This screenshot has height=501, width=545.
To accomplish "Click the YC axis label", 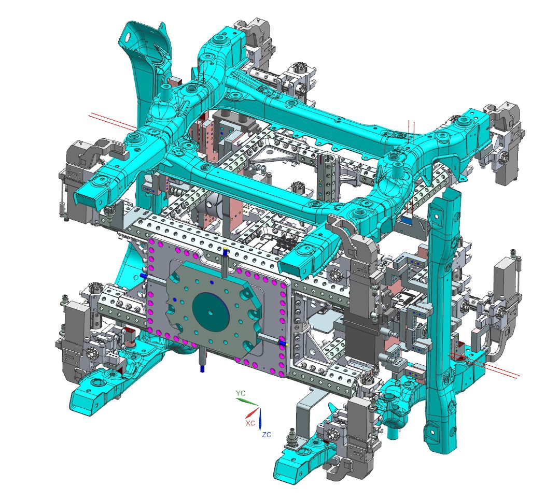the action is tap(241, 393).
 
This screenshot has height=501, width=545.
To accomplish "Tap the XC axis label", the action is tap(250, 423).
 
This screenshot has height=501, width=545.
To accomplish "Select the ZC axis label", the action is tap(267, 434).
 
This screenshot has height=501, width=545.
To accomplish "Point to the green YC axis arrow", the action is tap(247, 402).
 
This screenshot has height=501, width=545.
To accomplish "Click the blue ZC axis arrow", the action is tap(261, 419).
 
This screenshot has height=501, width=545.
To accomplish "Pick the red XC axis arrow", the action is tap(252, 412).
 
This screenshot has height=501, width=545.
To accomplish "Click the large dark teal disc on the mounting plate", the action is tap(211, 312).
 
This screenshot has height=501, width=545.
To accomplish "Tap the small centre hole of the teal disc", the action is tap(210, 312).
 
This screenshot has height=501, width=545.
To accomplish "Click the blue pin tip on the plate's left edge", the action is tap(143, 275).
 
